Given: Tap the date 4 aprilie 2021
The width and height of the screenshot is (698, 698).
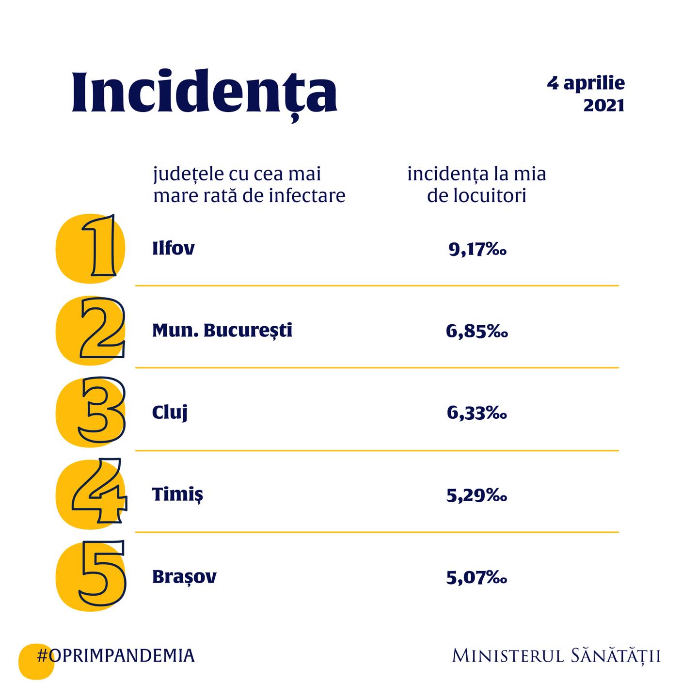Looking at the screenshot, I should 587,94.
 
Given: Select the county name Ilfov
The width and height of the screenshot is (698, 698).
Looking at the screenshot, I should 173,248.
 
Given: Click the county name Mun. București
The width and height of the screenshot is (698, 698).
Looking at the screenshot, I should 222,330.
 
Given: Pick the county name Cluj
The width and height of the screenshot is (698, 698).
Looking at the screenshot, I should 170,412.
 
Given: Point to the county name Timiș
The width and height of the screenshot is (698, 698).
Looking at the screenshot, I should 177,494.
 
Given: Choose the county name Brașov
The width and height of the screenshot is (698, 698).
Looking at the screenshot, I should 184,576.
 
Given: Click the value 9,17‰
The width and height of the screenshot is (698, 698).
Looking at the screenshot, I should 477,249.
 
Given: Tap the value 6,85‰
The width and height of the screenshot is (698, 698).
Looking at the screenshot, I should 477,331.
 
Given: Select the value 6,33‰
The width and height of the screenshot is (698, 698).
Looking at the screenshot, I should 477,413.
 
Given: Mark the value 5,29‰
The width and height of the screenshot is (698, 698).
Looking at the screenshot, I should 477,495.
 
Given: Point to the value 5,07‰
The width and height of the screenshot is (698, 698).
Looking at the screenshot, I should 477,577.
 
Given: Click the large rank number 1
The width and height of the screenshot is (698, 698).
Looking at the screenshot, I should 99,246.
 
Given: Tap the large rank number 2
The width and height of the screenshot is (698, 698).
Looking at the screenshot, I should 102,329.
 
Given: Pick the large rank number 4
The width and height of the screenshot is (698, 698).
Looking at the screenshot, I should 100,492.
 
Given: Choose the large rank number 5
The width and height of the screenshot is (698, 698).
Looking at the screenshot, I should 102,574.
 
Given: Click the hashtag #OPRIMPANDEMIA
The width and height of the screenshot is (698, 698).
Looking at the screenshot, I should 115,655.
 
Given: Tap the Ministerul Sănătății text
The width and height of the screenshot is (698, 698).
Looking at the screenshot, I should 556,656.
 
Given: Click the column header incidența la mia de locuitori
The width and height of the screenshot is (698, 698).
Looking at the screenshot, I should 476,185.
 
